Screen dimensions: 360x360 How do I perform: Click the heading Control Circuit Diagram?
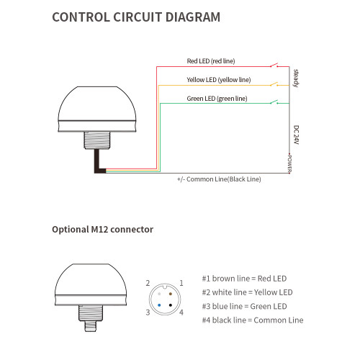click(x=136, y=17)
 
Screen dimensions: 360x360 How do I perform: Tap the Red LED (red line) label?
click(x=211, y=61)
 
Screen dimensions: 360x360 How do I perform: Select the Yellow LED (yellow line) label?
click(x=219, y=80)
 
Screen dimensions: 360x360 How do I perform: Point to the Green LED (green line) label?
click(x=217, y=99)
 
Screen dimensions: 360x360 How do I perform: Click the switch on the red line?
click(x=274, y=66)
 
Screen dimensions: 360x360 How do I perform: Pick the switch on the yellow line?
click(x=274, y=84)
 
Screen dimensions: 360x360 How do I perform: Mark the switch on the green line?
click(x=274, y=102)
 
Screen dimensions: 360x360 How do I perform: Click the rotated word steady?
click(x=296, y=78)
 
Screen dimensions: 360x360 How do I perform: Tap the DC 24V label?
click(x=296, y=135)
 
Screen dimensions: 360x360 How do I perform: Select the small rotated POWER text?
click(x=289, y=163)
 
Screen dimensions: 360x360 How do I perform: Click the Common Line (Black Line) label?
click(x=219, y=179)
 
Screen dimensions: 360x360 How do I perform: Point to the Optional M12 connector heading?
click(x=103, y=230)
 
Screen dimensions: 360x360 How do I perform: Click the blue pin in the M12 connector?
click(x=159, y=305)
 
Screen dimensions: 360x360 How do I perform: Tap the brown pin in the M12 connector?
click(x=171, y=294)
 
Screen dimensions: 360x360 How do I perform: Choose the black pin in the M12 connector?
click(x=171, y=305)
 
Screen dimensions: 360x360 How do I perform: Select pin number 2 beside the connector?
click(x=148, y=283)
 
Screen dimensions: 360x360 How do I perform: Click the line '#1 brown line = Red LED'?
click(x=244, y=279)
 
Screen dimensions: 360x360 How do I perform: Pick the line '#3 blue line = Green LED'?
click(x=244, y=307)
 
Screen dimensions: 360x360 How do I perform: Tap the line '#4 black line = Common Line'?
click(x=253, y=320)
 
